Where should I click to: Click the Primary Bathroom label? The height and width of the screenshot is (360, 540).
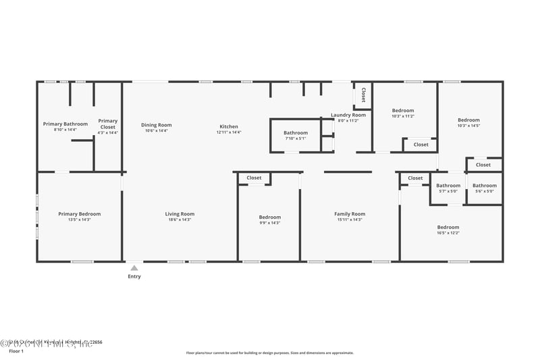click(x=65, y=124)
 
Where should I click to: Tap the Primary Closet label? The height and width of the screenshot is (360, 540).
click(x=107, y=124)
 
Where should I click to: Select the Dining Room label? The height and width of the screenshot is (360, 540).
click(x=156, y=125)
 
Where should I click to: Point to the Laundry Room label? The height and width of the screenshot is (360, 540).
click(x=348, y=115)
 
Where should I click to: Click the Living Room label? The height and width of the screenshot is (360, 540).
click(x=180, y=214)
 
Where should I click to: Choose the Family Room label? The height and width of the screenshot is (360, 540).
click(x=349, y=214)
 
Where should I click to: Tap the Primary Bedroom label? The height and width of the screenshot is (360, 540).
click(x=79, y=214)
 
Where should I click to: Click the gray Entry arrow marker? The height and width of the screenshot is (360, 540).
click(x=134, y=268)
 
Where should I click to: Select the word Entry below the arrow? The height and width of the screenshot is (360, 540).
click(x=134, y=276)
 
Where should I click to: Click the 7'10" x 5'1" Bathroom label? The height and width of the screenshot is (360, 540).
click(x=295, y=133)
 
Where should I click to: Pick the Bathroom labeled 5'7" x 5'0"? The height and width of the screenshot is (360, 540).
click(x=448, y=186)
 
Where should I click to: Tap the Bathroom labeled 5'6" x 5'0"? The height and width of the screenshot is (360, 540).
click(x=484, y=186)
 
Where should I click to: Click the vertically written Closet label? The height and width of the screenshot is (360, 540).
click(x=363, y=94)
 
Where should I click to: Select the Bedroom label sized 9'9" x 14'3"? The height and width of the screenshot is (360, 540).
click(x=270, y=217)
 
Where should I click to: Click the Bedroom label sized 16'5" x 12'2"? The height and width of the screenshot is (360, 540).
click(x=448, y=228)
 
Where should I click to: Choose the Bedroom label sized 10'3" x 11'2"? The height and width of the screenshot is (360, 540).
click(x=403, y=111)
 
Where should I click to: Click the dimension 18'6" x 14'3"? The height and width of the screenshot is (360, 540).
click(x=180, y=220)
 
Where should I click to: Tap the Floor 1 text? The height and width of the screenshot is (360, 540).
click(x=16, y=351)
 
